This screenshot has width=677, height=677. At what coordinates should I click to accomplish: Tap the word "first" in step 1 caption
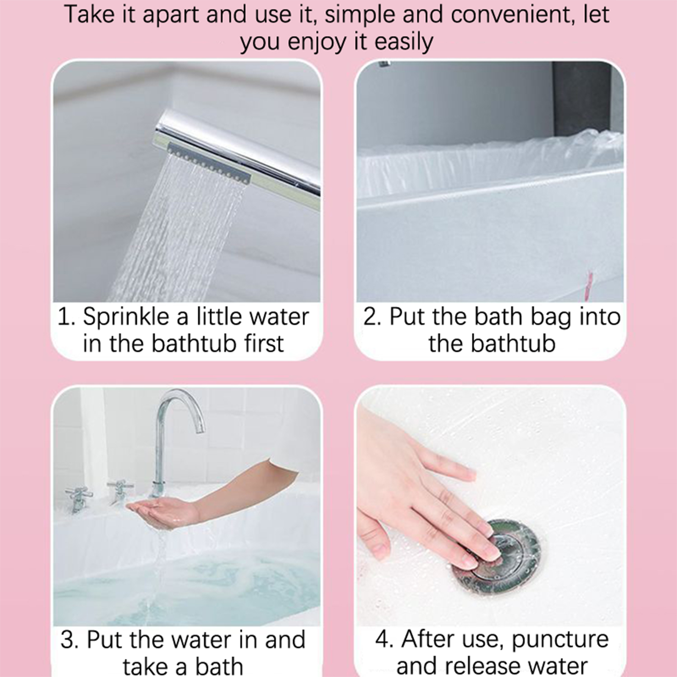264,343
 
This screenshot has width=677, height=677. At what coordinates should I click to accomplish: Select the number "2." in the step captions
372,316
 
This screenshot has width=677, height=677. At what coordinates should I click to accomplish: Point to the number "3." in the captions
70,639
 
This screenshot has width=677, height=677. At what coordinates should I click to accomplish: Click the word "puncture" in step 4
560,640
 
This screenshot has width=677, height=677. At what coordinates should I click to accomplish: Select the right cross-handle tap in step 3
120,491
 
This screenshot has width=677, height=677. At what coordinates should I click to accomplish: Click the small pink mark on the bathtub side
589,282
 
